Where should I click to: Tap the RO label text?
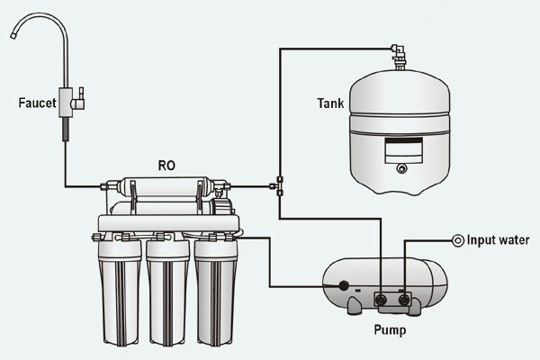click(166, 166)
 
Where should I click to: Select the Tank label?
click(329, 103)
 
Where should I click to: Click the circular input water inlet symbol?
click(458, 239)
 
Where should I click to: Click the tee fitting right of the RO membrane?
click(279, 187)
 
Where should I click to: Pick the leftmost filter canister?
click(120, 288)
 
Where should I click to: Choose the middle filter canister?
click(167, 288)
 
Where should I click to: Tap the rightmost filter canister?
click(216, 288)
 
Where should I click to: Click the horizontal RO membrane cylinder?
click(166, 188)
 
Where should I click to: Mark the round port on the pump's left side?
click(343, 287)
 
